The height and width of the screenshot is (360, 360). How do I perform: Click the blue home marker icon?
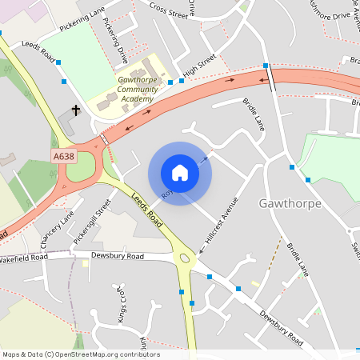(x=179, y=172)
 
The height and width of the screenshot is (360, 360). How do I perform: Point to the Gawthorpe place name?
(x=290, y=203)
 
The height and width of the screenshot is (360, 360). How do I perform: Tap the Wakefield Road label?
(x=24, y=258)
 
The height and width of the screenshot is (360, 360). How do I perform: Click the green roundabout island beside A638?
(x=80, y=166)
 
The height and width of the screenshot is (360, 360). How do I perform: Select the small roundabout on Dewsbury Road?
(x=186, y=259)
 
